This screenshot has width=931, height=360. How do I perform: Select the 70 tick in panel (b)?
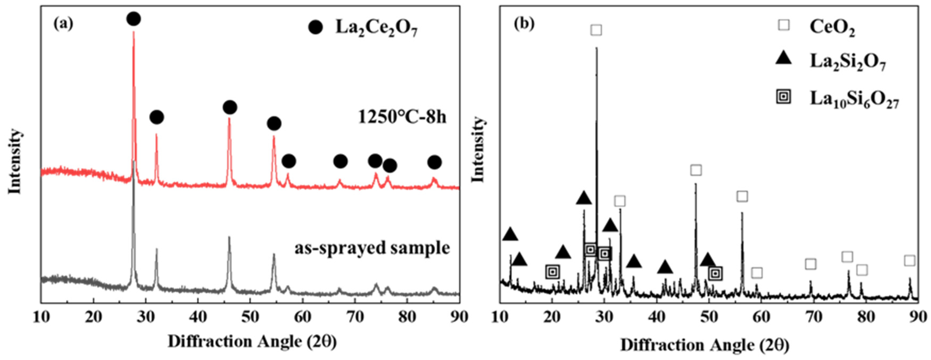pos(814,317)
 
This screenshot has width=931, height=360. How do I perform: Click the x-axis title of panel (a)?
pos(252,342)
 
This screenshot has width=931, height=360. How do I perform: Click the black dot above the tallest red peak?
pos(134,19)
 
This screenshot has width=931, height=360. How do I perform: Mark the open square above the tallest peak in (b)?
pos(596,30)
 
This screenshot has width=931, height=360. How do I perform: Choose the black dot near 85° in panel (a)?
pos(435,162)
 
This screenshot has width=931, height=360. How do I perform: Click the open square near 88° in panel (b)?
pos(910,260)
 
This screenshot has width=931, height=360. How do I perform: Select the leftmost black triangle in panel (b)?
pos(510,235)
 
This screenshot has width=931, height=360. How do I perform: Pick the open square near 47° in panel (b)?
pos(696,170)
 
